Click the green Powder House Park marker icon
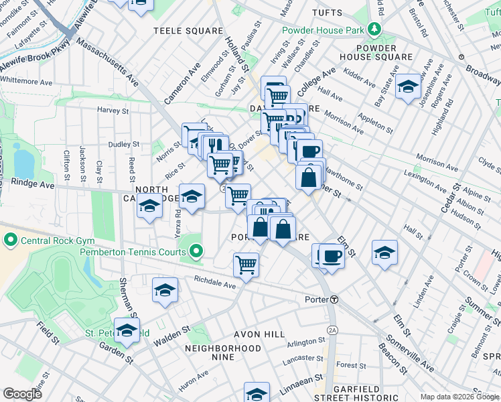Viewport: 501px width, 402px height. click(x=376, y=30)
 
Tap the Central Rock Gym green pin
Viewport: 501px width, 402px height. click(x=10, y=239)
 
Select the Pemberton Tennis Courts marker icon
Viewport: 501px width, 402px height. click(x=196, y=252)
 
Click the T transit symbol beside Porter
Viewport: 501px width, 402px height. click(x=333, y=299)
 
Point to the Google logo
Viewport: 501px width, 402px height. click(x=23, y=394)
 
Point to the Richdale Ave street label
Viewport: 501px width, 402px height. click(x=214, y=284)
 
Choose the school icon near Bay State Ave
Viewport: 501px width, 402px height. click(x=408, y=87)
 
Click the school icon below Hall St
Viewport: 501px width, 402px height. click(x=384, y=253)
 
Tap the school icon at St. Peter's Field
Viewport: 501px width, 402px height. click(x=127, y=330)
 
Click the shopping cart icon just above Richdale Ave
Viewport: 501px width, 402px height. click(x=246, y=265)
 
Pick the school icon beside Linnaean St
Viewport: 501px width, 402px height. click(x=257, y=393)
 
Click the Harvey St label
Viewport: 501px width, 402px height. click(x=112, y=110)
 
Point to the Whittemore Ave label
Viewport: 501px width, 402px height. click(x=26, y=82)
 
